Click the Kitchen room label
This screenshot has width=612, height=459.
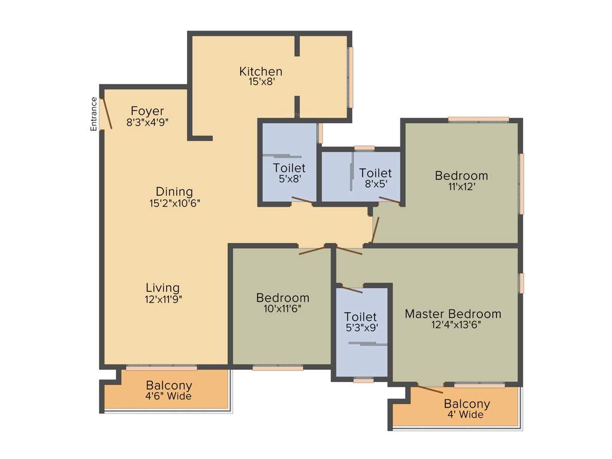[x=261, y=72]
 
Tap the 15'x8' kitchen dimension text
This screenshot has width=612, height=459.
[x=261, y=82]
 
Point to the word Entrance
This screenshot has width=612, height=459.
[x=94, y=114]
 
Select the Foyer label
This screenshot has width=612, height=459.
[x=147, y=111]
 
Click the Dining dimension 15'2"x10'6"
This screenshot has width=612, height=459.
[x=175, y=203]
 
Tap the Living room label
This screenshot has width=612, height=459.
[x=163, y=288]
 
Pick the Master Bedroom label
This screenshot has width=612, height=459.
[x=453, y=314]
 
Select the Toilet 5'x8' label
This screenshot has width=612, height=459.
[x=289, y=168]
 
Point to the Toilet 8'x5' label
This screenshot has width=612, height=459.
[x=375, y=173]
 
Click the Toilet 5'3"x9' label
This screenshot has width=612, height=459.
[x=361, y=317]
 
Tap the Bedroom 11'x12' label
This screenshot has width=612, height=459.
[x=461, y=176]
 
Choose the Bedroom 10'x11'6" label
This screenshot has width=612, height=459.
[x=283, y=298]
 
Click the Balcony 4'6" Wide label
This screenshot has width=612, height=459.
[x=169, y=385]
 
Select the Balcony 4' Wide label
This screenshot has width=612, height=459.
[x=467, y=404]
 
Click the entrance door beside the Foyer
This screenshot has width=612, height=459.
[x=107, y=114]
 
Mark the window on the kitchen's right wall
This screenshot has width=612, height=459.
[x=351, y=77]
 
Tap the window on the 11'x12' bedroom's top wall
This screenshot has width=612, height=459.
[x=479, y=120]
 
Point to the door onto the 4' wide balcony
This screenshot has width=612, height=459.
[x=429, y=390]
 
